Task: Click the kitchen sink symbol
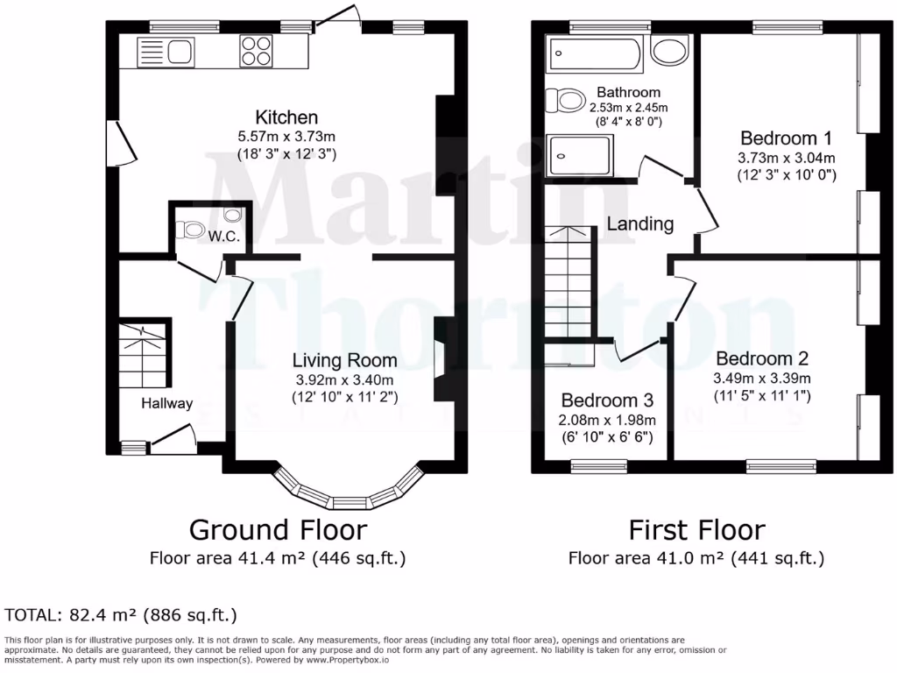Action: click(x=166, y=53)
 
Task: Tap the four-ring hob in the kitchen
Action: click(x=255, y=52)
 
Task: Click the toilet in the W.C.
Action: click(x=190, y=230)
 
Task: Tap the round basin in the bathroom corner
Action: click(x=670, y=53)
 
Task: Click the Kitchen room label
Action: click(x=286, y=117)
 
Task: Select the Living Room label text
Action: click(x=344, y=360)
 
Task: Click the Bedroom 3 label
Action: click(x=608, y=400)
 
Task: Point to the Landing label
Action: click(x=640, y=224)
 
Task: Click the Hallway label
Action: click(x=167, y=404)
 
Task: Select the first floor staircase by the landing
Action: click(x=568, y=280)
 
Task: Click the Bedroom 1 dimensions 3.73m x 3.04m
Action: click(x=786, y=158)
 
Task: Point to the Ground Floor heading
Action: click(x=278, y=530)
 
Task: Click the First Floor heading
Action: click(x=696, y=530)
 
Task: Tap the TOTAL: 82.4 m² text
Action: click(x=121, y=614)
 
